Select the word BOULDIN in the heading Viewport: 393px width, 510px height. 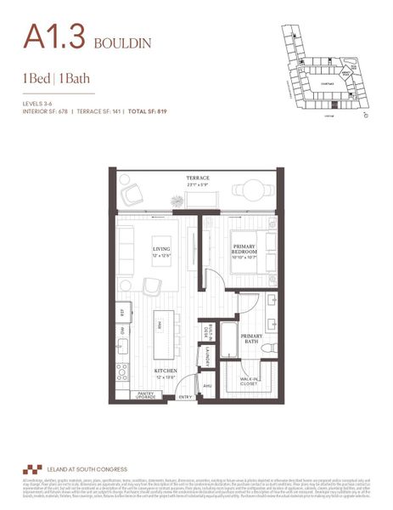(x=124, y=42)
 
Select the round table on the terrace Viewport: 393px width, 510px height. (x=247, y=190)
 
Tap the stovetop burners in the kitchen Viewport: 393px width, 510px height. (x=122, y=371)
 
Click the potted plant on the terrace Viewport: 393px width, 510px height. (x=177, y=201)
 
